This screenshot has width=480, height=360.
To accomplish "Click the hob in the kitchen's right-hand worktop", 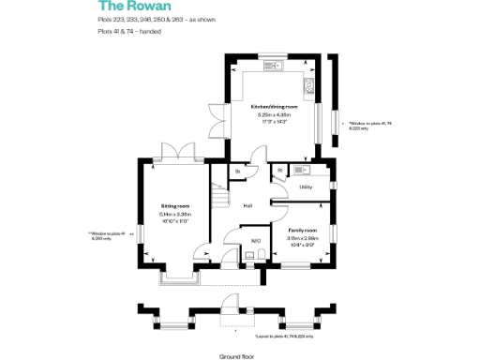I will [307, 86].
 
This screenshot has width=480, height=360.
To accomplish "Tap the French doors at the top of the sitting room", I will [174, 151].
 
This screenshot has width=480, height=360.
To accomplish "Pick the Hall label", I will [248, 205].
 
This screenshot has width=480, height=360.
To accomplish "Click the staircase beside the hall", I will [220, 199].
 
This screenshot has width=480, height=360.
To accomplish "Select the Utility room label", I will [306, 187].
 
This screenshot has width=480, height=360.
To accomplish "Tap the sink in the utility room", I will [300, 170].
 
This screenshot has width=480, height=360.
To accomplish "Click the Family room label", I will [302, 230].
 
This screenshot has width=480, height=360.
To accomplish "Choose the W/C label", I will [254, 240].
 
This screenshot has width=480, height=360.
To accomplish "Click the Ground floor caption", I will [238, 356].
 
